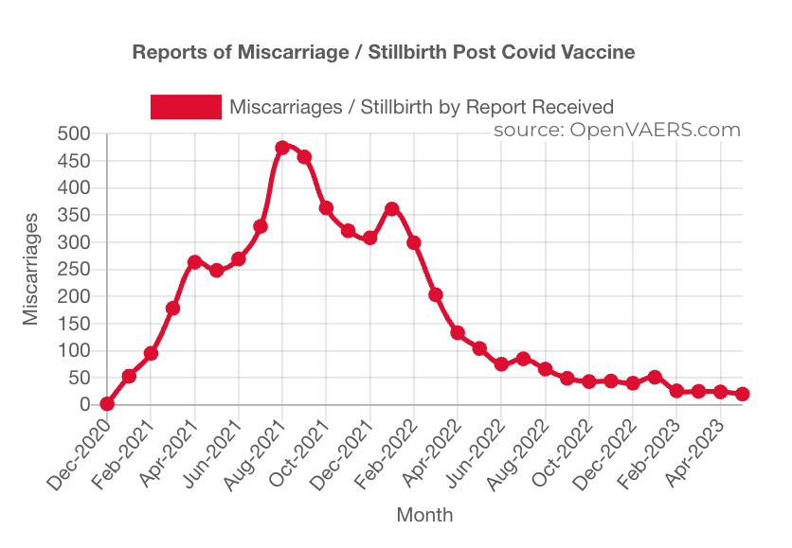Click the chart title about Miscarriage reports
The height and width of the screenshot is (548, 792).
(x=383, y=52)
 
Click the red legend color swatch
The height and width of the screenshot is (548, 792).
(x=185, y=107)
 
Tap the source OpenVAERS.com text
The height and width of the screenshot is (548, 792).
(x=617, y=131)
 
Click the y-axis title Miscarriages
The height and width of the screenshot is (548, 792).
(x=31, y=270)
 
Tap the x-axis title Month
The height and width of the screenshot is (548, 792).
(x=424, y=516)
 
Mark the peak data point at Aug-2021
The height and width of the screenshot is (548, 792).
(x=282, y=148)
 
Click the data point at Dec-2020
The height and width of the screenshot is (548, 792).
(x=107, y=403)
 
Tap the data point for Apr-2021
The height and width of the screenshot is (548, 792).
(x=195, y=262)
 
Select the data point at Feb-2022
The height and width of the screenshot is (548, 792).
(x=414, y=242)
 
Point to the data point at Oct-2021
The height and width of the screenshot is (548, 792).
(x=326, y=208)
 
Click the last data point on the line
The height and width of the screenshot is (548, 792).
(x=743, y=394)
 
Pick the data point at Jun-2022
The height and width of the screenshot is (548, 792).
(x=501, y=363)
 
